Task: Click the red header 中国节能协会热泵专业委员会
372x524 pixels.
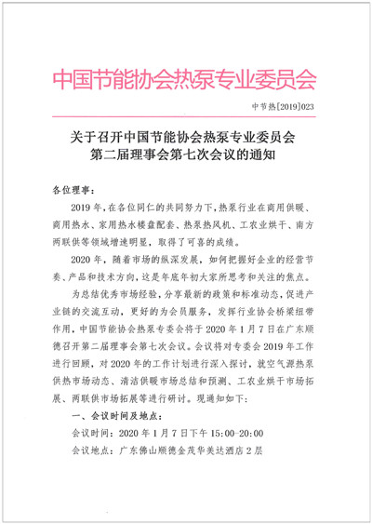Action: (x=185, y=75)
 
